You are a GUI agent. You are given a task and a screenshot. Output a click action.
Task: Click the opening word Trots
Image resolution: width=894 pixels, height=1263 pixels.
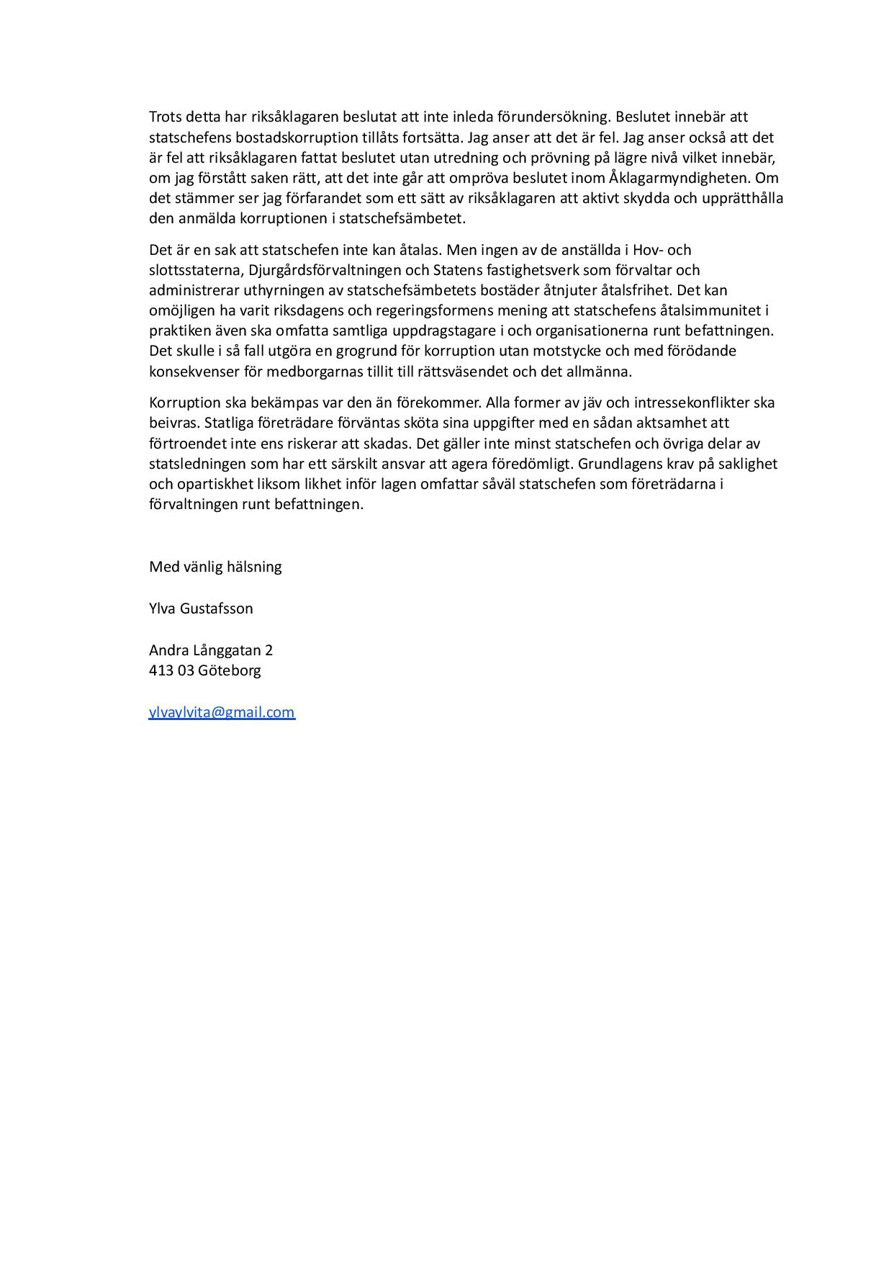tap(166, 117)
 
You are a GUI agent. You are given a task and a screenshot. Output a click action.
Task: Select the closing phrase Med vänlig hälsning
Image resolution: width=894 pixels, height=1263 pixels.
tap(215, 567)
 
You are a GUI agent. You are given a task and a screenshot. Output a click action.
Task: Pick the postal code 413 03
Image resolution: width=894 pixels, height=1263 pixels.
tap(171, 670)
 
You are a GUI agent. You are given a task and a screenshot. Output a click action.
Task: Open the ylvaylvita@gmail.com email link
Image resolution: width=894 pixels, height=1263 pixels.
tap(222, 712)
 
